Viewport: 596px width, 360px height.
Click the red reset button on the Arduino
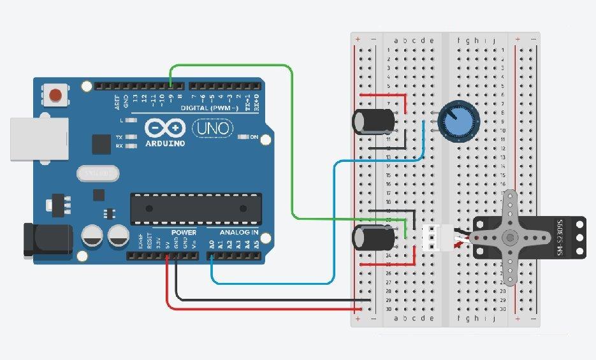tap(55, 96)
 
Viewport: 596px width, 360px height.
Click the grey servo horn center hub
tap(510, 238)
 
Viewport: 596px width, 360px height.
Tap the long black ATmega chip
tap(196, 209)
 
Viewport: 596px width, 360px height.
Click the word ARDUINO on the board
tap(164, 143)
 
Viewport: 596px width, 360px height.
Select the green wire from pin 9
tap(292, 140)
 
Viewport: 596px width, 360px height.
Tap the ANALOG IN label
tap(239, 232)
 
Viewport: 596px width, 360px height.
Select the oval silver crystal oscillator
tap(98, 173)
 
